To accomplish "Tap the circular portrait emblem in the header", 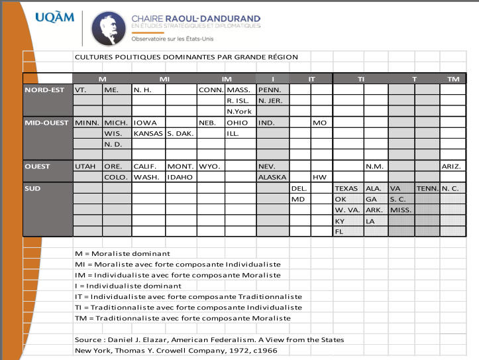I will point(107,29).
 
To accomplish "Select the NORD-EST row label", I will point(44,90).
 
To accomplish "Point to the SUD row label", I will point(33,188).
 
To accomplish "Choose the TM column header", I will point(453,79).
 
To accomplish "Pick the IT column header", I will point(311,79).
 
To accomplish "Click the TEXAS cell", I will point(346,188).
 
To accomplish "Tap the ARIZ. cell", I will point(453,166).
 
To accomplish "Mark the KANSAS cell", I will point(148,133).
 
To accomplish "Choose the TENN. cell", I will point(427,188).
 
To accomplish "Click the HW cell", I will point(320,177).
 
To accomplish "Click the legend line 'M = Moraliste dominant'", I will point(122,253).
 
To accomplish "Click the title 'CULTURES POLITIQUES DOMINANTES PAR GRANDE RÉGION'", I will point(186,57).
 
